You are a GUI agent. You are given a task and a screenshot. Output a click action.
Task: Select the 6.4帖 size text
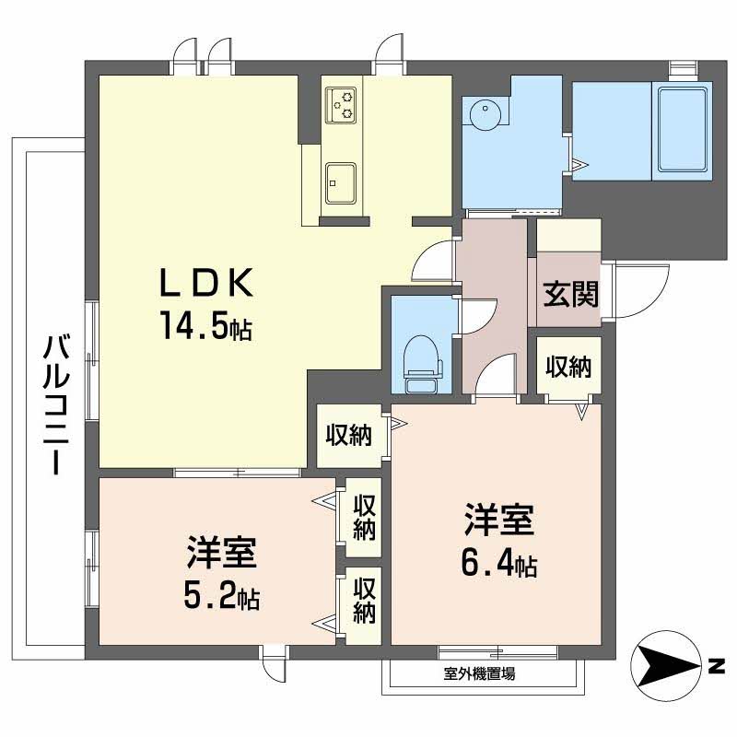click(498, 564)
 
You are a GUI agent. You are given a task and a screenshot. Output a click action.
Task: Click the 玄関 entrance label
click(569, 294)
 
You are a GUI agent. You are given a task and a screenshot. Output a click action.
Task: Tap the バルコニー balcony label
click(55, 406)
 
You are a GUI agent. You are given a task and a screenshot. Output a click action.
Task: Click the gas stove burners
click(344, 102)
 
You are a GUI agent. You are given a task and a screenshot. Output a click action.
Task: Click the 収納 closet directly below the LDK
click(348, 434)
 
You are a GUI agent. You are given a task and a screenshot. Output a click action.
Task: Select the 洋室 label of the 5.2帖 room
click(221, 555)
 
